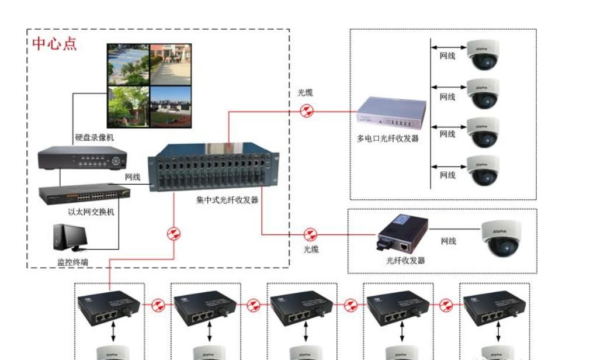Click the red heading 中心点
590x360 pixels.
54,44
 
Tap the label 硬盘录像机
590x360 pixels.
95,138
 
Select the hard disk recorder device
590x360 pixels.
82,159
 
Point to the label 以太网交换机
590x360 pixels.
91,212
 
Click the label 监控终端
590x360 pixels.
72,262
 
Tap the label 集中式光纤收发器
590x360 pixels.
227,200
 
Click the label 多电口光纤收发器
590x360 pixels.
388,139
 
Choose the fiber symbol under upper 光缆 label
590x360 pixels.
307,110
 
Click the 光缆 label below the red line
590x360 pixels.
311,249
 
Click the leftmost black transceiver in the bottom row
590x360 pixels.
109,306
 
